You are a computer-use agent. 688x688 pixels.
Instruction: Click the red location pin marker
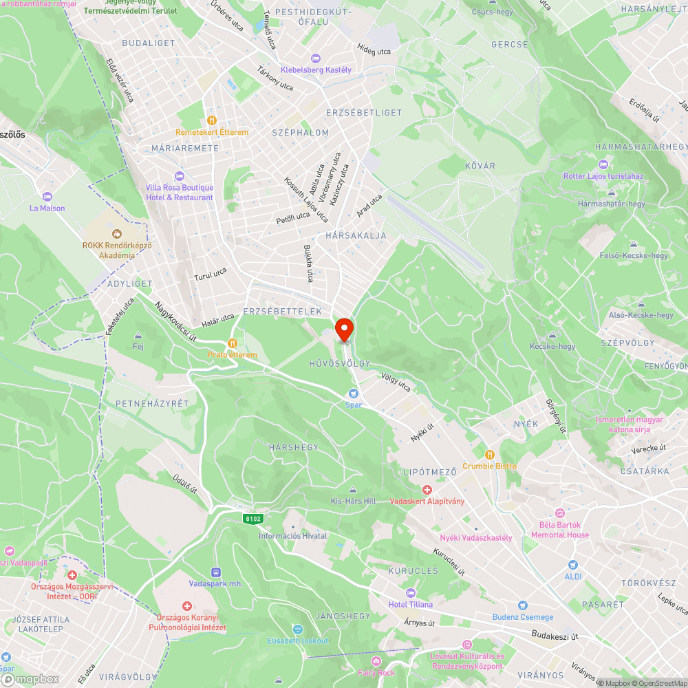[344, 329]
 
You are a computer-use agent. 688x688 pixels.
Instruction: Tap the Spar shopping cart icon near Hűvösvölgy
[353, 394]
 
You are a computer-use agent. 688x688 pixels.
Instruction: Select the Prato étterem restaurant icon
[233, 343]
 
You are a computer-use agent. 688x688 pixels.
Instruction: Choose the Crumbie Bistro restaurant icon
[489, 454]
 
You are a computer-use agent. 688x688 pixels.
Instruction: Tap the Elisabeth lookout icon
[298, 630]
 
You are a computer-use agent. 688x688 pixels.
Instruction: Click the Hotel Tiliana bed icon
[411, 593]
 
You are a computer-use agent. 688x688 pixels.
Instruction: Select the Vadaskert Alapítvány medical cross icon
[427, 490]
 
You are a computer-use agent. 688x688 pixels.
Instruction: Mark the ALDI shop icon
[572, 565]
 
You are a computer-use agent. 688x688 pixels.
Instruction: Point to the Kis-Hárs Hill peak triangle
[353, 490]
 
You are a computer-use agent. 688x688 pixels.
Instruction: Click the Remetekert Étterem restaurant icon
[211, 120]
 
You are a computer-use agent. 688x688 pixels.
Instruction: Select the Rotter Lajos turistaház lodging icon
[603, 164]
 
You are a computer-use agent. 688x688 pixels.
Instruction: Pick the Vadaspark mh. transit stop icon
[216, 572]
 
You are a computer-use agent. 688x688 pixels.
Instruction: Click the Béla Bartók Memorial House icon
[559, 513]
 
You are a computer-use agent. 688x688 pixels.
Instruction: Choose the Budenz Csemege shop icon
[522, 605]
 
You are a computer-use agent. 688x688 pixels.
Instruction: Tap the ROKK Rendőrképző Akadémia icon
[117, 233]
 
